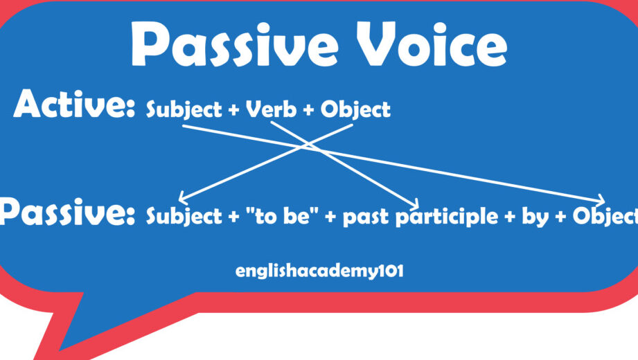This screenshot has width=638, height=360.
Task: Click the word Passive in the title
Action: pyautogui.click(x=234, y=44)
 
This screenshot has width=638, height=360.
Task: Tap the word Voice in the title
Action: pyautogui.click(x=432, y=44)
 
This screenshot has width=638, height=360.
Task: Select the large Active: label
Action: pyautogui.click(x=73, y=104)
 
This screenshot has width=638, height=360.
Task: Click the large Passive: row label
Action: pyautogui.click(x=68, y=213)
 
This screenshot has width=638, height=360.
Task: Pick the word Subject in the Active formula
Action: pyautogui.click(x=184, y=110)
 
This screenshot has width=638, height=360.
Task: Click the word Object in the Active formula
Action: pyautogui.click(x=355, y=110)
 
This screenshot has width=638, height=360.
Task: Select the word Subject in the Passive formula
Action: pyautogui.click(x=184, y=216)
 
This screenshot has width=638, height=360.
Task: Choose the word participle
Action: pyautogui.click(x=447, y=217)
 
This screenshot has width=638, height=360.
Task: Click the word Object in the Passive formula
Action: pyautogui.click(x=605, y=216)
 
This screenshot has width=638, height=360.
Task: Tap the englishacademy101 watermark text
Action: pyautogui.click(x=319, y=271)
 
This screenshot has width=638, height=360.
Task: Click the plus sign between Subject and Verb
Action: pyautogui.click(x=233, y=110)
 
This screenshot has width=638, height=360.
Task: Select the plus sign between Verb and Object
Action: pyautogui.click(x=308, y=110)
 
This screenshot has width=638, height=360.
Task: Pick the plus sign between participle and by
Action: pyautogui.click(x=510, y=217)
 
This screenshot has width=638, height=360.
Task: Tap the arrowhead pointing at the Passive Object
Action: pyautogui.click(x=601, y=200)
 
